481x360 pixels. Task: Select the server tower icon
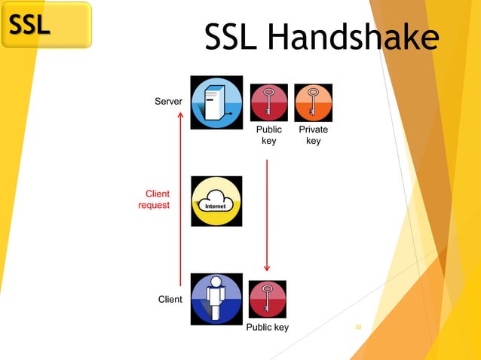click(x=216, y=102)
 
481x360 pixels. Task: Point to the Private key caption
click(x=313, y=136)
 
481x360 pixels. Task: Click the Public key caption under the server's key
click(x=268, y=136)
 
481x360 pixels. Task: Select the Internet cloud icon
click(x=216, y=201)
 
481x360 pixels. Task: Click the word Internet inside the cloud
click(x=216, y=206)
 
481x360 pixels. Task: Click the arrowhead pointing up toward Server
click(x=180, y=114)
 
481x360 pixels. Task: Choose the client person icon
click(x=216, y=299)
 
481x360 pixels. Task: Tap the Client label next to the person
click(x=170, y=300)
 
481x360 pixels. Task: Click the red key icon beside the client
click(x=267, y=299)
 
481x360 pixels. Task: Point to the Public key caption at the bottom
click(x=268, y=328)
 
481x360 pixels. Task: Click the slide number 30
click(x=358, y=328)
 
